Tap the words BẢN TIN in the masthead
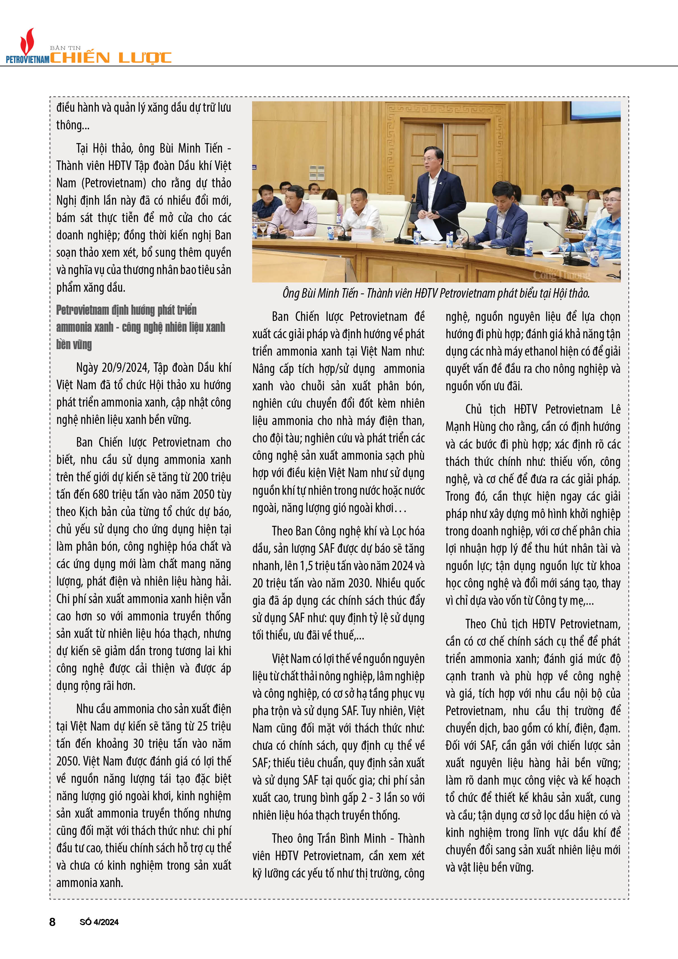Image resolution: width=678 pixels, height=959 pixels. [65, 48]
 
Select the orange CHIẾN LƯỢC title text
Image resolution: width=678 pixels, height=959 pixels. [111, 58]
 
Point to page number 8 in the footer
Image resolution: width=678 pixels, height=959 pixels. [52, 922]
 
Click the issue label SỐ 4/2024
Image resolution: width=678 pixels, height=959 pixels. [99, 922]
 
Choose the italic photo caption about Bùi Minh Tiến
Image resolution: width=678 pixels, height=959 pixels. [436, 293]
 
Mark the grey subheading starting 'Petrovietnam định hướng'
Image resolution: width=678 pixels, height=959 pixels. [140, 327]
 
